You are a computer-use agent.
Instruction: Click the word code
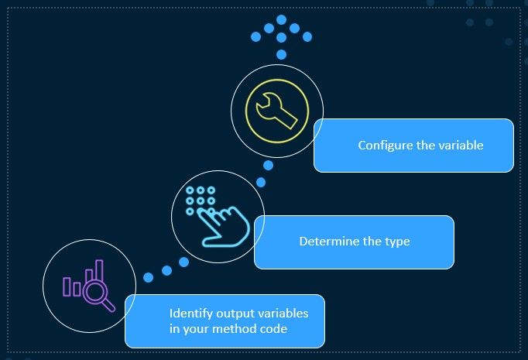pos(274,329)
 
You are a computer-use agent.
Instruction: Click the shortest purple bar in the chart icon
pos(77,289)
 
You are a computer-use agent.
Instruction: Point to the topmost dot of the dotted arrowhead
pos(282,19)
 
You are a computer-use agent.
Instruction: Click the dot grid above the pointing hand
pos(201,201)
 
